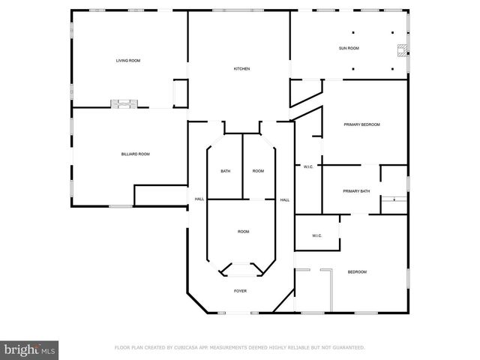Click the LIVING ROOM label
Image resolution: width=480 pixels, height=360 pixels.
128,60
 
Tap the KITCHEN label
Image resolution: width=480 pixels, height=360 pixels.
241,69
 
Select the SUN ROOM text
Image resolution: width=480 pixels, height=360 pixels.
349,48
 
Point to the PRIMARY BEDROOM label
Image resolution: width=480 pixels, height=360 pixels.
362,124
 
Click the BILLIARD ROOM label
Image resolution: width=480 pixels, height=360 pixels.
136,154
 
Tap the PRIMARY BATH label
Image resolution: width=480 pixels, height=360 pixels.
356,191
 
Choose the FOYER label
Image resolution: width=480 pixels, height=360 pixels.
240,290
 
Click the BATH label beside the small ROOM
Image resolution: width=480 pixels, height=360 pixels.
225,172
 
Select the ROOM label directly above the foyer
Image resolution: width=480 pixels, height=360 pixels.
244,232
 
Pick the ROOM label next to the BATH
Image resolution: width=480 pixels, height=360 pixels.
258,172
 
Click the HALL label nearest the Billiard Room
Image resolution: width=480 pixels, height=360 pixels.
199,199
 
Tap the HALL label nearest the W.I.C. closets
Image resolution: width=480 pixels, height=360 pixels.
285,199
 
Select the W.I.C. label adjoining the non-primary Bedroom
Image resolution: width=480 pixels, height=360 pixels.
317,236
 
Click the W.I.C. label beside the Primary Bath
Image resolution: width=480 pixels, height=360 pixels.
308,166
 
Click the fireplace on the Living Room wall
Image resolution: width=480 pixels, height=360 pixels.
122,103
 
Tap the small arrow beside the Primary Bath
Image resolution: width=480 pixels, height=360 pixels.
394,200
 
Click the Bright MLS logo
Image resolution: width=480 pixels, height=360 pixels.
29,349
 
